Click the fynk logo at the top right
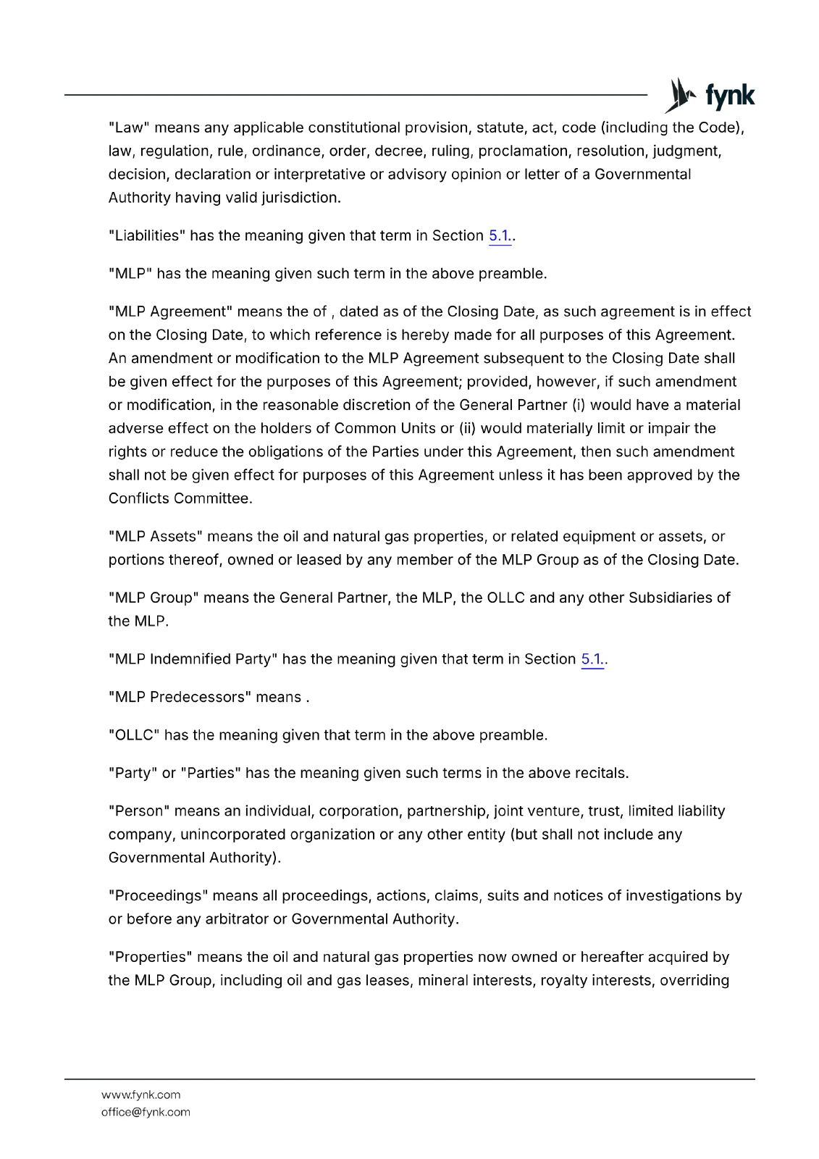point(710,96)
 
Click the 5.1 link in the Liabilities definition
point(499,236)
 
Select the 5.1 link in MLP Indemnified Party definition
point(591,659)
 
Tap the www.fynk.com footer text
point(141,1095)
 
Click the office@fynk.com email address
point(146,1112)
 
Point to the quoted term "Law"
point(129,128)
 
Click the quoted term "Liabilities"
point(147,236)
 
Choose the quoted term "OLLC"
point(134,735)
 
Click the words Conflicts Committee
point(179,498)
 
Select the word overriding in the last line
point(694,981)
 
